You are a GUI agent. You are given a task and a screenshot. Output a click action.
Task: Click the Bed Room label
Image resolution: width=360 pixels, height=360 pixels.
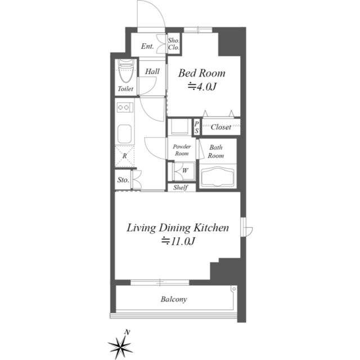tap(201, 73)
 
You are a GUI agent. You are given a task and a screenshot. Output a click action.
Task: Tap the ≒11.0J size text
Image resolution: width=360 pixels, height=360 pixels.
tap(178, 241)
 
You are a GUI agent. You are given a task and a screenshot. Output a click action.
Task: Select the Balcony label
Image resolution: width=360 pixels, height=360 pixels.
tap(174, 299)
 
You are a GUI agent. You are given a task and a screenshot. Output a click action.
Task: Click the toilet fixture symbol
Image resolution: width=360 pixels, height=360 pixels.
tap(126, 71)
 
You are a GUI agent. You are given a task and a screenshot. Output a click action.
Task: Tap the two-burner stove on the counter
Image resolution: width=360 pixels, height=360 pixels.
tap(125, 107)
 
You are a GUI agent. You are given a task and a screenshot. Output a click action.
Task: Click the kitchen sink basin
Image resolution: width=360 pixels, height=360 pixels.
tap(124, 134)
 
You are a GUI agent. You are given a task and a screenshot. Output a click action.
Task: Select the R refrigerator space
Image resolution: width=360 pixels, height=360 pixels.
tap(124, 156)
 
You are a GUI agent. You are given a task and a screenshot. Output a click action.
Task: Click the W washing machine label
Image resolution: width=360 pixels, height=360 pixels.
tap(185, 170)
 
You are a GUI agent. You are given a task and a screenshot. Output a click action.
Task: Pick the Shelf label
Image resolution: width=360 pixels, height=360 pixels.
tap(181, 187)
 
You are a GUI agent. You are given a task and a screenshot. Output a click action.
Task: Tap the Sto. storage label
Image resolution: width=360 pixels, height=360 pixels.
tap(123, 180)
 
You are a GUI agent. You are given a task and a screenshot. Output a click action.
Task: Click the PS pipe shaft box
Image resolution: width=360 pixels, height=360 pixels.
tap(196, 127)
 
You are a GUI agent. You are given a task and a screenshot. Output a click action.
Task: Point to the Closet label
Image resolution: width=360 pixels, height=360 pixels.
tap(221, 127)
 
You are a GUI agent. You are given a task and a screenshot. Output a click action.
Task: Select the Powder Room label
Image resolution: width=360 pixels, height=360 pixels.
tap(182, 150)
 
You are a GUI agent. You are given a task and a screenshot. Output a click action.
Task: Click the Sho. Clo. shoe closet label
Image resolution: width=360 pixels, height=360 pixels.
tap(174, 44)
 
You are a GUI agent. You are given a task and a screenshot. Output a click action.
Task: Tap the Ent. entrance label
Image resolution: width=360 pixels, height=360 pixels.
tap(147, 46)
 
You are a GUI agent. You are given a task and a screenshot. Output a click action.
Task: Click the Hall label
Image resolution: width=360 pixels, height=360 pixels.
tap(152, 71)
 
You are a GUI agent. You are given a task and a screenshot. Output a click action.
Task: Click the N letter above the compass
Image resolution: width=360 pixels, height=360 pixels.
tap(127, 332)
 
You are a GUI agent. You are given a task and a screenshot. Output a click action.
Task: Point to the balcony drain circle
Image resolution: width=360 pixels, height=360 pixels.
tap(234, 289)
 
